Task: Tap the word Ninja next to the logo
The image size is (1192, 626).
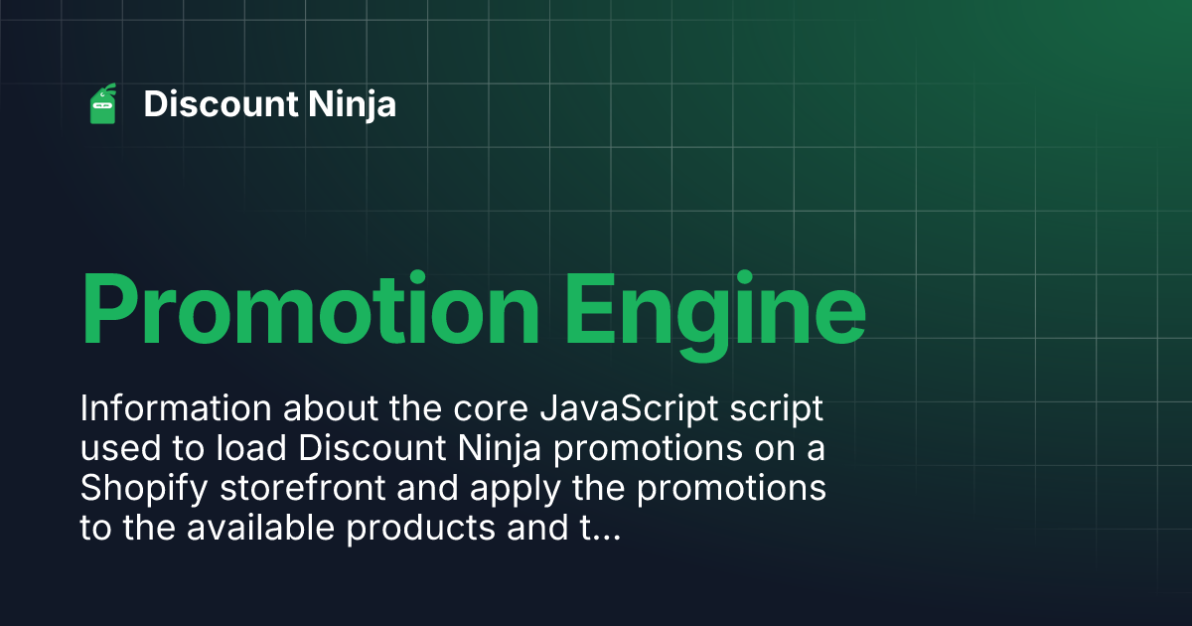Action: [x=353, y=105]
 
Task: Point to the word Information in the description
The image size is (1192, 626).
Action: [x=176, y=408]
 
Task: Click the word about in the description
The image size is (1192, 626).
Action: [x=331, y=408]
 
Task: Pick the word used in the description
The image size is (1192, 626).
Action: [x=121, y=448]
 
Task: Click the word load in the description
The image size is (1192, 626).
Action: [x=251, y=448]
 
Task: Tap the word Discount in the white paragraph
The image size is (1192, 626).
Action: [x=372, y=448]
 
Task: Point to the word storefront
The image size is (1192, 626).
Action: [x=303, y=488]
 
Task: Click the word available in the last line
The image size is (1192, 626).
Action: [x=260, y=528]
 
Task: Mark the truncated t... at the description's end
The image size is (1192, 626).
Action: [x=600, y=529]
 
